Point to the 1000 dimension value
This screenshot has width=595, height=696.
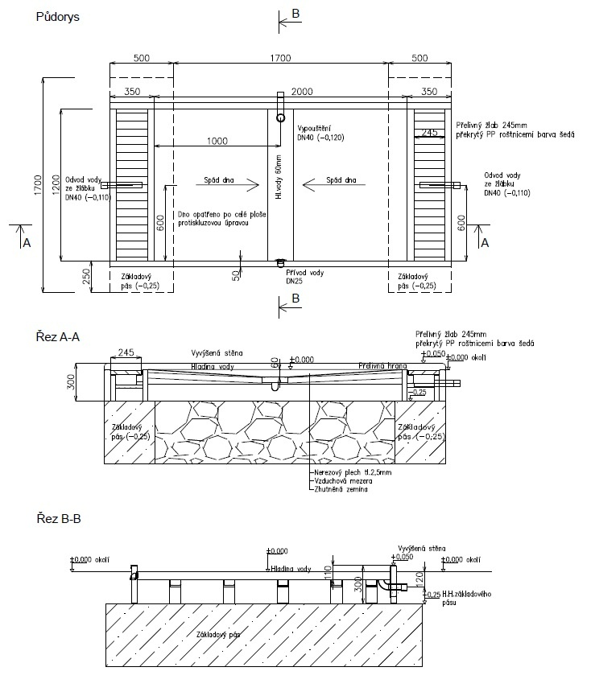pyautogui.click(x=217, y=141)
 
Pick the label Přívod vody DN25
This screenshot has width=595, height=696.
pyautogui.click(x=304, y=278)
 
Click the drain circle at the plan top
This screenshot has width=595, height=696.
pyautogui.click(x=280, y=117)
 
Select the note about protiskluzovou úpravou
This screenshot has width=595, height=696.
pyautogui.click(x=213, y=219)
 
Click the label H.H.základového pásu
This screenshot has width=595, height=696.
pyautogui.click(x=462, y=599)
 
